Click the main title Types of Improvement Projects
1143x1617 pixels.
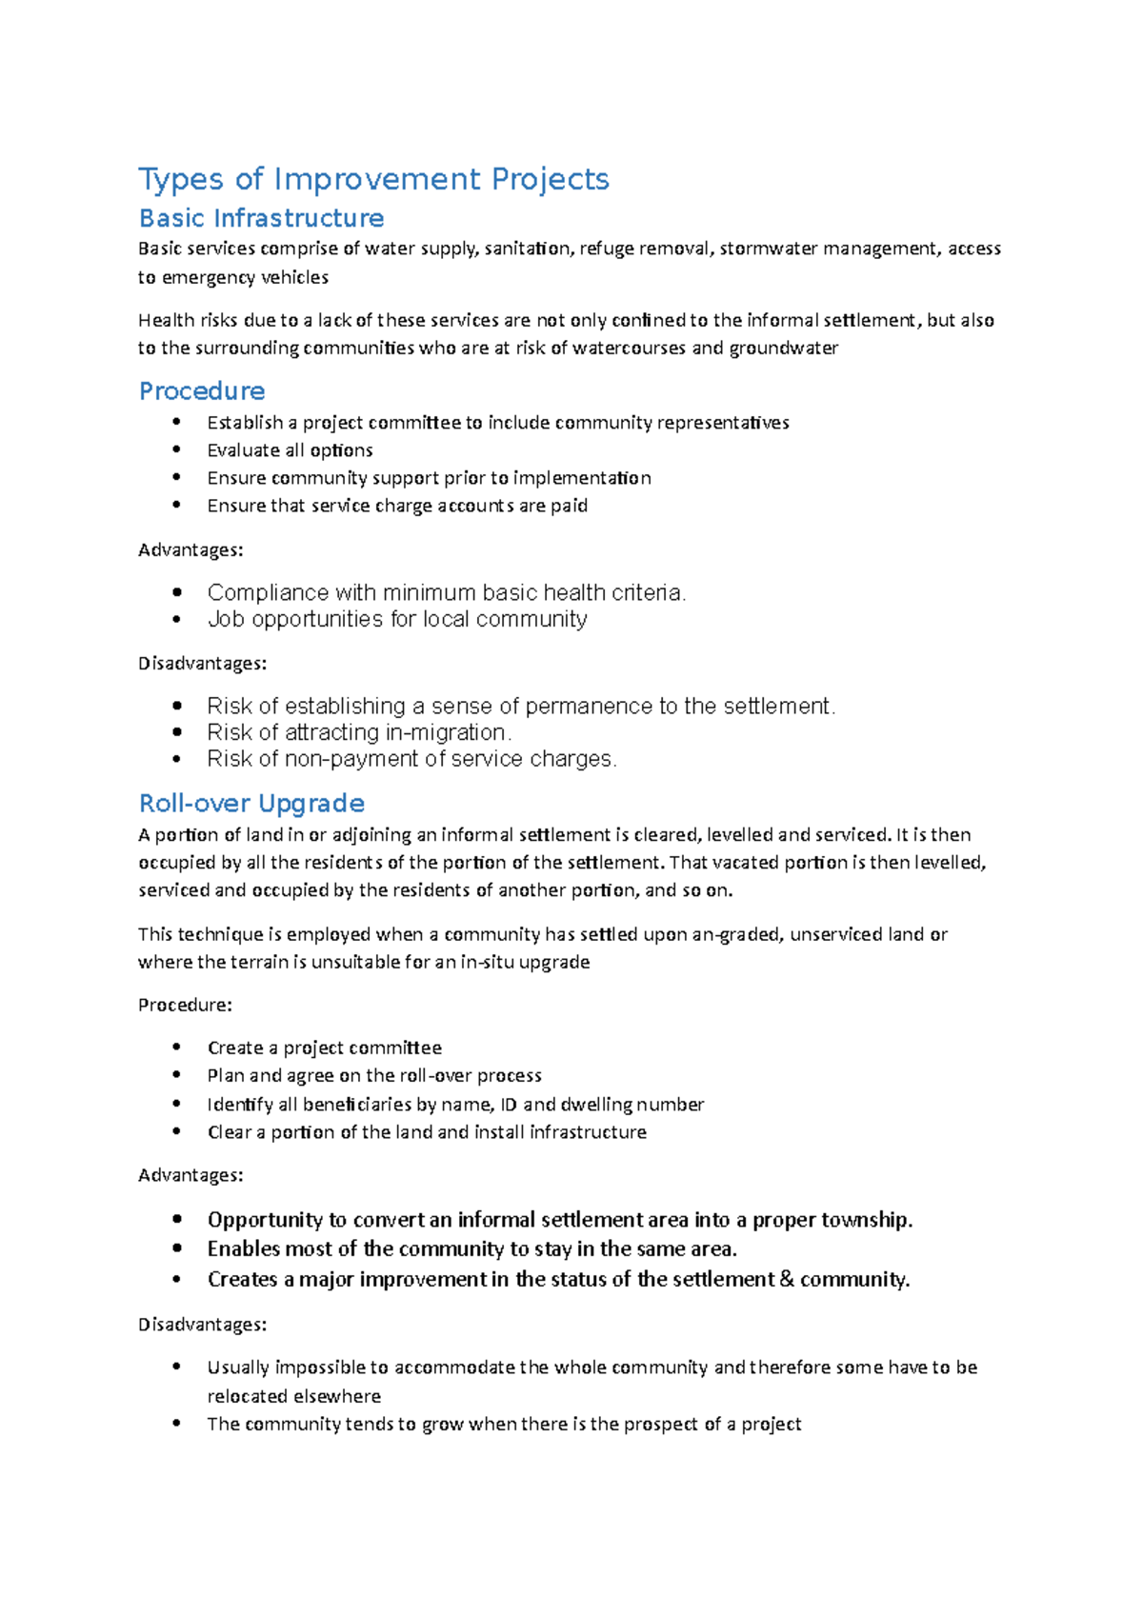(373, 179)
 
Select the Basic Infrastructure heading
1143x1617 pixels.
(261, 218)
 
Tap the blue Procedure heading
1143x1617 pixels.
(202, 390)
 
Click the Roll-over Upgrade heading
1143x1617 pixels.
(251, 803)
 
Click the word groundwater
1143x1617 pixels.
(783, 348)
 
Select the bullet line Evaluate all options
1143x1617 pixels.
(290, 449)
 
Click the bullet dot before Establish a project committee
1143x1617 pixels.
(176, 422)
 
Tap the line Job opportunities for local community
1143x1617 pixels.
(396, 619)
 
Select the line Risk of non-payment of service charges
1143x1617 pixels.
(411, 759)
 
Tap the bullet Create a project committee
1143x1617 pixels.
(324, 1048)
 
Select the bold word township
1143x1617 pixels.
(866, 1220)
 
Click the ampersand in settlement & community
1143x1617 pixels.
(787, 1279)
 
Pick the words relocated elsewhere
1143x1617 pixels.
(293, 1396)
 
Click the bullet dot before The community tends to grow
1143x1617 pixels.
(176, 1424)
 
